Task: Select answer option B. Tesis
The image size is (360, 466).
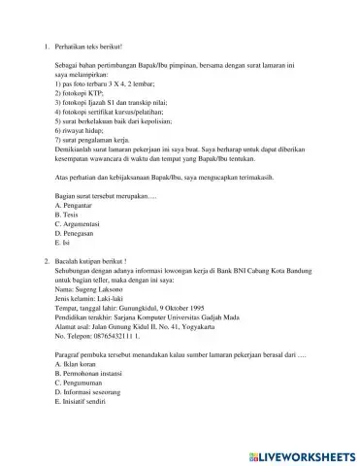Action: click(70, 216)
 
